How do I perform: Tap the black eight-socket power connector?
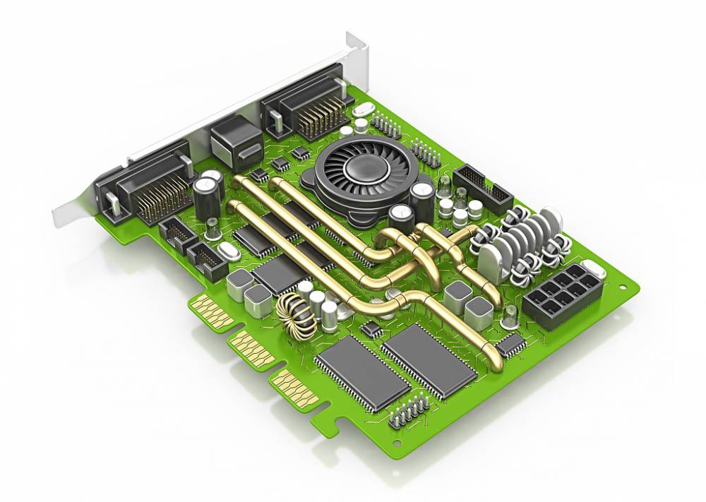(561, 294)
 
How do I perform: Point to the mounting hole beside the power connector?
(623, 287)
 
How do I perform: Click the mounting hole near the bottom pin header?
(397, 443)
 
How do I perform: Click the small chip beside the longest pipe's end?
(511, 345)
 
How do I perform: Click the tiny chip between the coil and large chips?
(371, 330)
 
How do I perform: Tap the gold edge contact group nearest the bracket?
(210, 310)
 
